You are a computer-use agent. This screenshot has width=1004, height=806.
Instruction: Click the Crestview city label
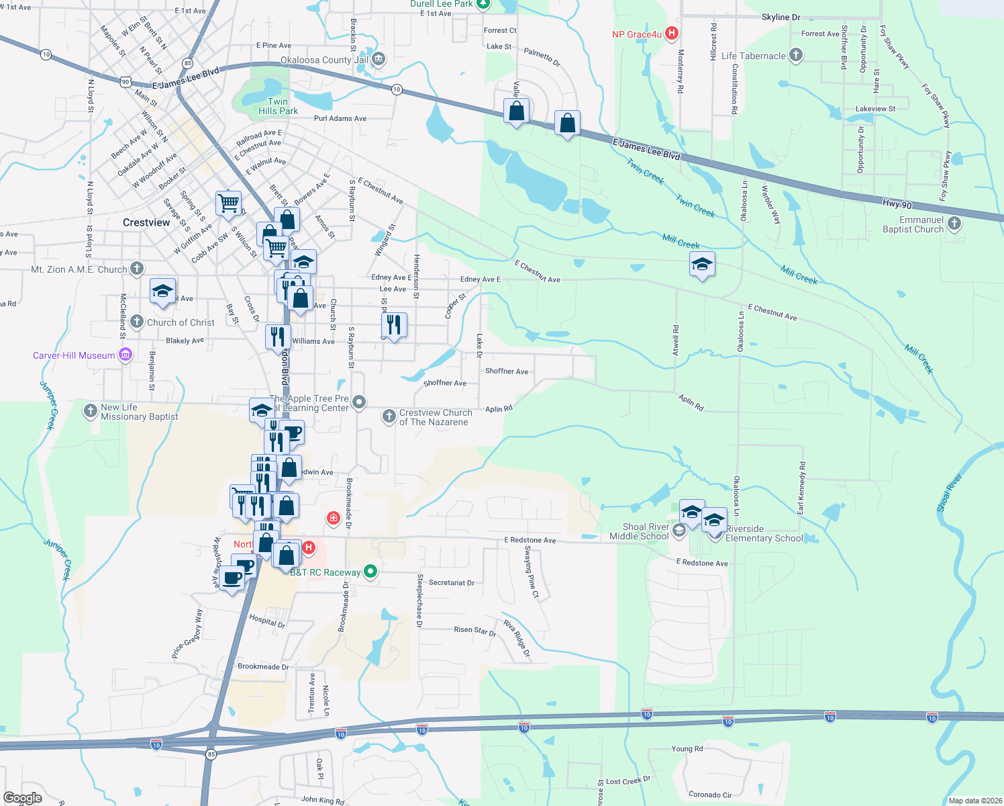146,222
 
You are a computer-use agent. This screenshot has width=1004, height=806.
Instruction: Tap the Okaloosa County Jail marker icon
379,60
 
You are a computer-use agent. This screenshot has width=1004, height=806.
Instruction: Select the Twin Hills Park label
278,106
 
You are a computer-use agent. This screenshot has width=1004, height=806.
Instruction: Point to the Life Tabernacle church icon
796,56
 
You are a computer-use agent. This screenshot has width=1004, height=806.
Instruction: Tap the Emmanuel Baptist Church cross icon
954,224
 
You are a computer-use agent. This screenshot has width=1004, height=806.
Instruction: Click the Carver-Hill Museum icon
125,355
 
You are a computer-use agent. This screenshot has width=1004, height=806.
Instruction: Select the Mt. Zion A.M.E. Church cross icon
137,269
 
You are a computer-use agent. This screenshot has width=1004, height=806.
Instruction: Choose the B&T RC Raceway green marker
370,572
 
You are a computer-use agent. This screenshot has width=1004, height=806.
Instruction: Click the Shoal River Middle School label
639,531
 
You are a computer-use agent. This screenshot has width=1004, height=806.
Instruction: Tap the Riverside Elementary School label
764,534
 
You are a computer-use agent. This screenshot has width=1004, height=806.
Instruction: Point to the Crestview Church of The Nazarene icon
389,417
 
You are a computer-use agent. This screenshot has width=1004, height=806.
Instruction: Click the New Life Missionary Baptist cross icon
91,411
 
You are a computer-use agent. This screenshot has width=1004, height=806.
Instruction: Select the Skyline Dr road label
781,17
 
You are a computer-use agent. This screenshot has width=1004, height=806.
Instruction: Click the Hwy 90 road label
897,204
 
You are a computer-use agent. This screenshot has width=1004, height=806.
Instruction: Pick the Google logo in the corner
23,797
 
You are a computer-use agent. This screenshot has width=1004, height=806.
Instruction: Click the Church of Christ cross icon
137,322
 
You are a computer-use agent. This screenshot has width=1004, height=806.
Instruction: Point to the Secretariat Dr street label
451,583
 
